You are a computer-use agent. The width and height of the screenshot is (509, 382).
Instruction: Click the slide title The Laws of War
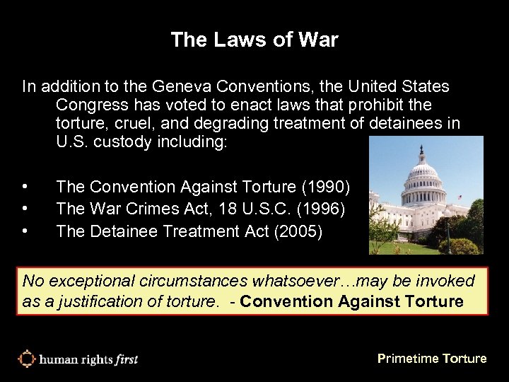coord(255,40)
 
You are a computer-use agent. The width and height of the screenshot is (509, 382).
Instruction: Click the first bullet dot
coord(25,187)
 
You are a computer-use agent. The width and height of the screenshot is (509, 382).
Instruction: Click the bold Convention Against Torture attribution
coord(352,302)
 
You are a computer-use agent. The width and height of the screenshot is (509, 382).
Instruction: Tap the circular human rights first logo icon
coord(26,359)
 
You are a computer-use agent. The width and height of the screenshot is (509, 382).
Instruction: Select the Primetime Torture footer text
coord(432,359)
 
